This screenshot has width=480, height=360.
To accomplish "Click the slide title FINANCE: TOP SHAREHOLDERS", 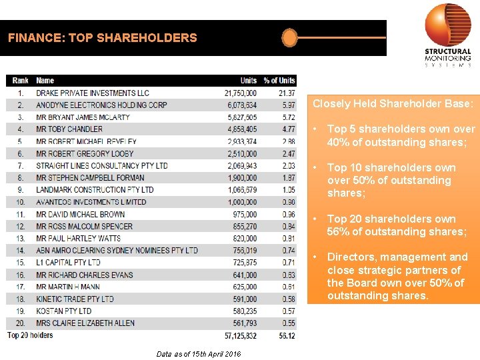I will click(103, 38).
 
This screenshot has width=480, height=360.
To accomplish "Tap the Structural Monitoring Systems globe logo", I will click(447, 25).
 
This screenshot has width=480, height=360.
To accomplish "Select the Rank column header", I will click(20, 81).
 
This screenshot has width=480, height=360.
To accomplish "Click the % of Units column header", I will click(279, 81).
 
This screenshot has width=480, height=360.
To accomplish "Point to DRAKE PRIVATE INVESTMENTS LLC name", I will click(93, 93).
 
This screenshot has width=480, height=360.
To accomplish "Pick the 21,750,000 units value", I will click(240, 93).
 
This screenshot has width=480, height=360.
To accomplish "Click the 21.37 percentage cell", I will click(286, 93).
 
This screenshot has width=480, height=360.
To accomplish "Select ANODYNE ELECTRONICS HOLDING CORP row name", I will click(101, 105).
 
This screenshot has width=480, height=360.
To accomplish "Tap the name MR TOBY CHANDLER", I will click(69, 129).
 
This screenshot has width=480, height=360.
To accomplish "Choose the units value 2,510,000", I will click(240, 153).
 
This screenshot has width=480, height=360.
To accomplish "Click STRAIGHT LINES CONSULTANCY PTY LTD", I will click(102, 165).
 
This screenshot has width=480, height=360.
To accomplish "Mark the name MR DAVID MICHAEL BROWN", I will click(80, 214).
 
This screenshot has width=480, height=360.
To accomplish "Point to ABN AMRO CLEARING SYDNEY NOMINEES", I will click(117, 250).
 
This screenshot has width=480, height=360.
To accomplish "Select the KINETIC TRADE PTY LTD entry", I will click(75, 299).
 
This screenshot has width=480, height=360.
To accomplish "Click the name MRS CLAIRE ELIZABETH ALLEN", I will click(85, 323).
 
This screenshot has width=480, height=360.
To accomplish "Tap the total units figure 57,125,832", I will click(240, 336).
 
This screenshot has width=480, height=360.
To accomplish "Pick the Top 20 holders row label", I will click(30, 335).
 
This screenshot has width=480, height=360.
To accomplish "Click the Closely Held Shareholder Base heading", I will click(393, 104).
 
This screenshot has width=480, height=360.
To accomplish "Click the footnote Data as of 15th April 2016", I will click(199, 354).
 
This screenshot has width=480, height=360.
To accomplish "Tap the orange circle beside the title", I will click(289, 37).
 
